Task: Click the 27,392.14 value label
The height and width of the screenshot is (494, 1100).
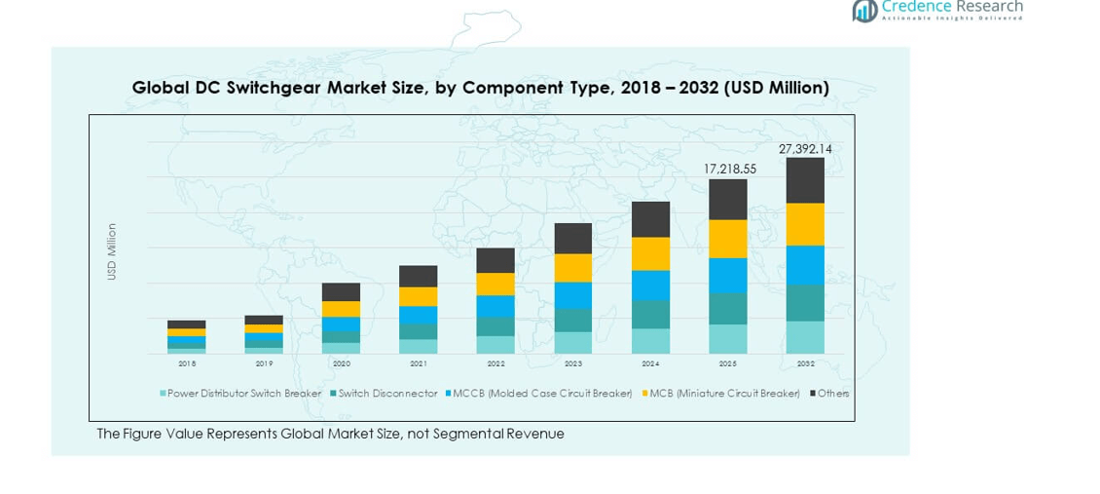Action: pyautogui.click(x=805, y=149)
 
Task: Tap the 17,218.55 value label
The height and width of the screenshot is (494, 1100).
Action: pyautogui.click(x=729, y=170)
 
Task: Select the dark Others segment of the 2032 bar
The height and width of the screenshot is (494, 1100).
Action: pyautogui.click(x=805, y=180)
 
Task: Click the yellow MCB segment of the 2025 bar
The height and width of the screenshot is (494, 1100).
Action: pyautogui.click(x=728, y=239)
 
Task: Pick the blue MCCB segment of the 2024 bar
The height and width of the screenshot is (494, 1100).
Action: pyautogui.click(x=650, y=285)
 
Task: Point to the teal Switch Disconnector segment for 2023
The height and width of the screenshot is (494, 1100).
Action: pyautogui.click(x=573, y=320)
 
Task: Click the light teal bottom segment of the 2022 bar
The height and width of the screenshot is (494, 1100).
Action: pyautogui.click(x=495, y=345)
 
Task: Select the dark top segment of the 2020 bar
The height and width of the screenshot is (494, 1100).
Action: pyautogui.click(x=341, y=292)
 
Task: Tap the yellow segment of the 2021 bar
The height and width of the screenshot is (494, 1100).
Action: pyautogui.click(x=419, y=296)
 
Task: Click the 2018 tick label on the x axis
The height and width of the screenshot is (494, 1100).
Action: pyautogui.click(x=187, y=363)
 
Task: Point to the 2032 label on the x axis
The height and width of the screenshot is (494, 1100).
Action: pyautogui.click(x=805, y=363)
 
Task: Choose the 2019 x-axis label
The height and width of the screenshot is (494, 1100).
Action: pyautogui.click(x=264, y=363)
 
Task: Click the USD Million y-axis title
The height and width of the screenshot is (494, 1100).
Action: pyautogui.click(x=112, y=252)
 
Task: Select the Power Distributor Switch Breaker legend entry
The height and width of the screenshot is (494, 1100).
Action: pyautogui.click(x=243, y=394)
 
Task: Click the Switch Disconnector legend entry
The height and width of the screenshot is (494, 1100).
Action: pyautogui.click(x=387, y=394)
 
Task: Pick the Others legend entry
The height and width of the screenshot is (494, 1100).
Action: pyautogui.click(x=832, y=394)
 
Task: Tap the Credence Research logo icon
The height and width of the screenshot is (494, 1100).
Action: pyautogui.click(x=864, y=10)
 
